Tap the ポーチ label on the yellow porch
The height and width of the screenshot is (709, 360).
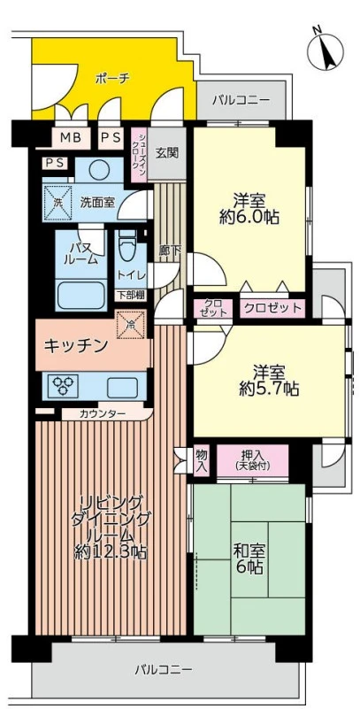(x=113, y=79)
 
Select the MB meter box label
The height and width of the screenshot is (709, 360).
(x=71, y=137)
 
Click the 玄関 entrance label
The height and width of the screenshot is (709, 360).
(x=166, y=153)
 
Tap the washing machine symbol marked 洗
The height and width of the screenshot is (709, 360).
(x=57, y=203)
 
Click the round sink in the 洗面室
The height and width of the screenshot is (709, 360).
(x=97, y=170)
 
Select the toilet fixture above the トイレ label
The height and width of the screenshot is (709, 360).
(x=127, y=247)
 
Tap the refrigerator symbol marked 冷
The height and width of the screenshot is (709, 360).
(x=131, y=324)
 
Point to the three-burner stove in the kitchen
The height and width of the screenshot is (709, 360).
(x=65, y=386)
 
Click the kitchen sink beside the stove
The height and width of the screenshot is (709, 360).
(x=122, y=387)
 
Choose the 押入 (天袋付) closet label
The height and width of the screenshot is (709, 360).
(x=252, y=459)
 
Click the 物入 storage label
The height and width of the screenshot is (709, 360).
(x=202, y=460)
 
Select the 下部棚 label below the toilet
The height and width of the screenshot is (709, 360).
(x=131, y=296)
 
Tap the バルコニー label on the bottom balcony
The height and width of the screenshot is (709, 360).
(x=164, y=669)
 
